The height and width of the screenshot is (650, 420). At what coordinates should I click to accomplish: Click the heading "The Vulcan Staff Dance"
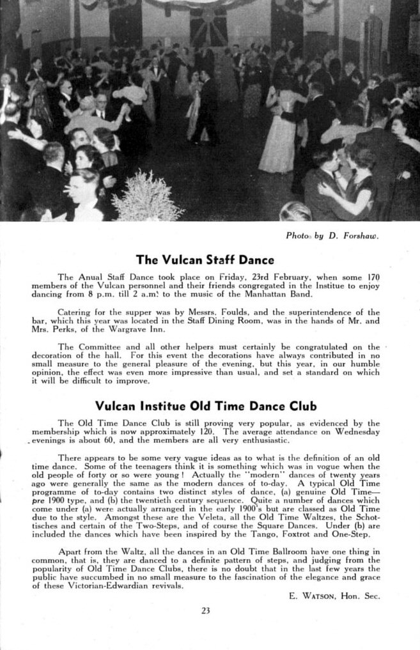pyautogui.click(x=205, y=260)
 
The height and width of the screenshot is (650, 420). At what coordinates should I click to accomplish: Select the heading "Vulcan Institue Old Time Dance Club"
pyautogui.click(x=205, y=405)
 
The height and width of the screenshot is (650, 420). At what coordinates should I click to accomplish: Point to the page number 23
pyautogui.click(x=205, y=610)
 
